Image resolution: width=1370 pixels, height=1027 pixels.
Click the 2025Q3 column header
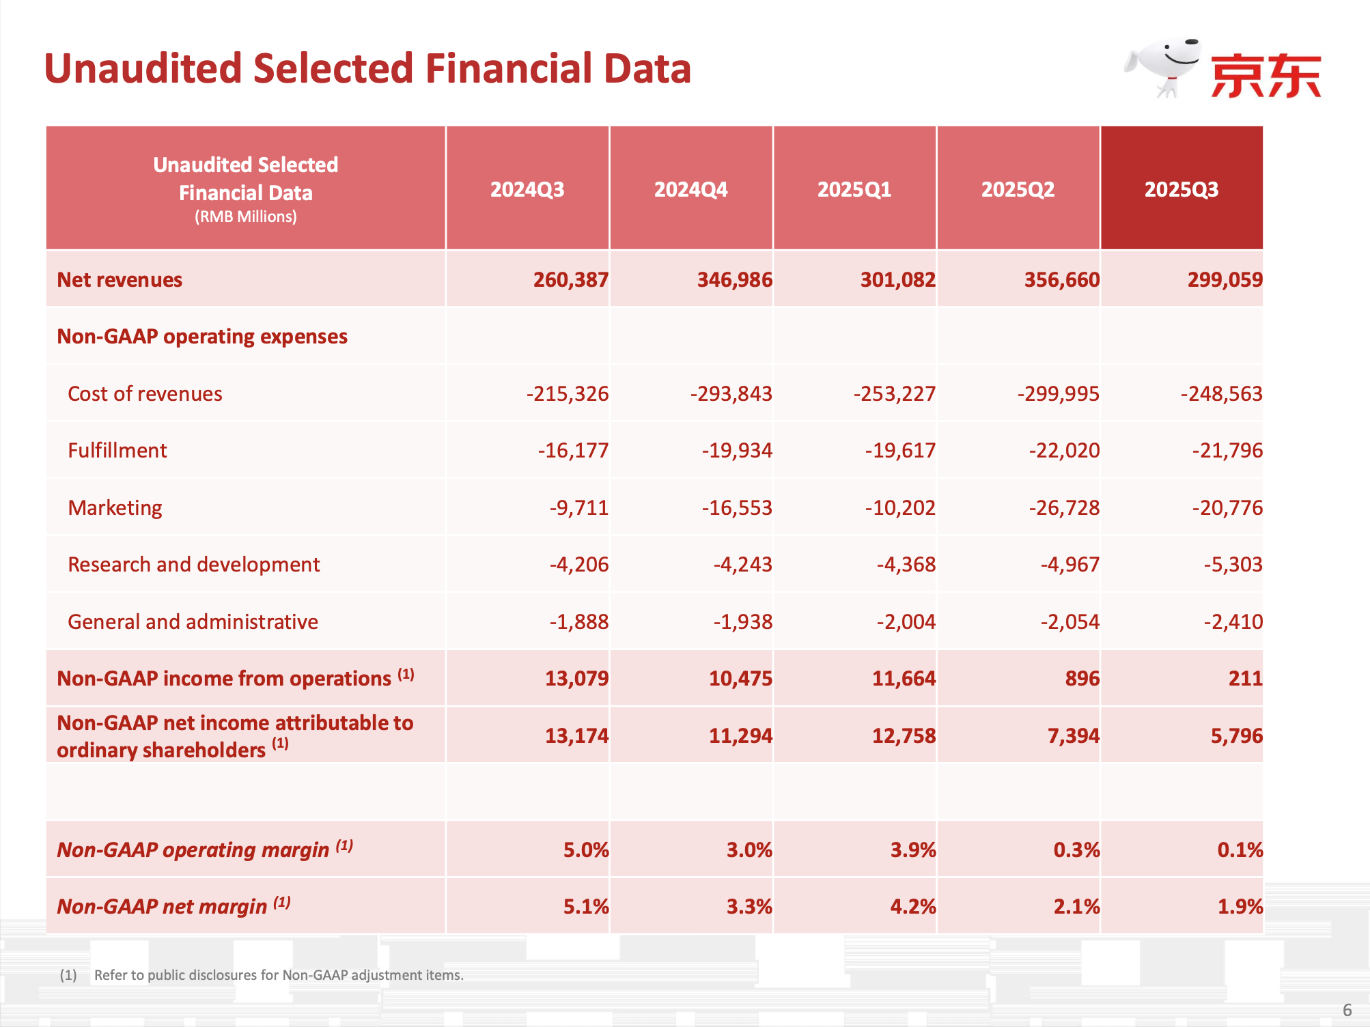pyautogui.click(x=1181, y=189)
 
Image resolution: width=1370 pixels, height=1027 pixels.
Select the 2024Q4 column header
pyautogui.click(x=690, y=189)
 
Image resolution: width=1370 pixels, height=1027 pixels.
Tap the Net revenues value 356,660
pyautogui.click(x=1061, y=280)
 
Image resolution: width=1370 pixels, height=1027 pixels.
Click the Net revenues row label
pyautogui.click(x=120, y=280)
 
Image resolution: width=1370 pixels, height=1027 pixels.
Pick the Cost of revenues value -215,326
pyautogui.click(x=567, y=394)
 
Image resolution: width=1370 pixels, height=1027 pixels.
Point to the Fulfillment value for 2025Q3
pyautogui.click(x=1227, y=451)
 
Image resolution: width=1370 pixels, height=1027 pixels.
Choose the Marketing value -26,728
pyautogui.click(x=1064, y=508)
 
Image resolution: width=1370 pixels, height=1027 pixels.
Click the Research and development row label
pyautogui.click(x=193, y=565)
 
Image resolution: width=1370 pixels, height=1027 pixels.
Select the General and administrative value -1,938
pyautogui.click(x=742, y=622)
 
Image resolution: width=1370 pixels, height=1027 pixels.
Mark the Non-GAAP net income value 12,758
pyautogui.click(x=904, y=736)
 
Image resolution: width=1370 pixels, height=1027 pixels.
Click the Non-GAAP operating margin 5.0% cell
pyautogui.click(x=585, y=850)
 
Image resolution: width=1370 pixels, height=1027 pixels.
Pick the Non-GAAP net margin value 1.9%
pyautogui.click(x=1240, y=907)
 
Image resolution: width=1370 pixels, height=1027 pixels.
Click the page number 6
pyautogui.click(x=1347, y=1010)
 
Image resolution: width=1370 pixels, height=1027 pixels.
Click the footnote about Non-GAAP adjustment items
pyautogui.click(x=279, y=975)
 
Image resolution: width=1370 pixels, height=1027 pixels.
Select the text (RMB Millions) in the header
pyautogui.click(x=245, y=217)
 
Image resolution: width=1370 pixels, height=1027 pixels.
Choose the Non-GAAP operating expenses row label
pyautogui.click(x=202, y=337)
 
